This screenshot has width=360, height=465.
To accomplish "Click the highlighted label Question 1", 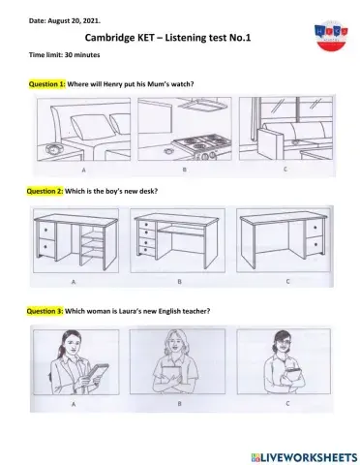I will point(47,85).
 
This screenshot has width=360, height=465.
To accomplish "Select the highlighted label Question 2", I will point(47,191).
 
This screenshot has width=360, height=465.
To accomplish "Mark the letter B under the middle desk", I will point(181,282).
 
